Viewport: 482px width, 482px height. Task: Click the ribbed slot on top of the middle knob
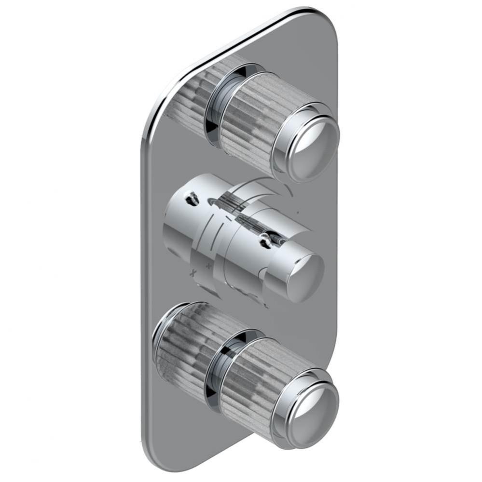(236, 207)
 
